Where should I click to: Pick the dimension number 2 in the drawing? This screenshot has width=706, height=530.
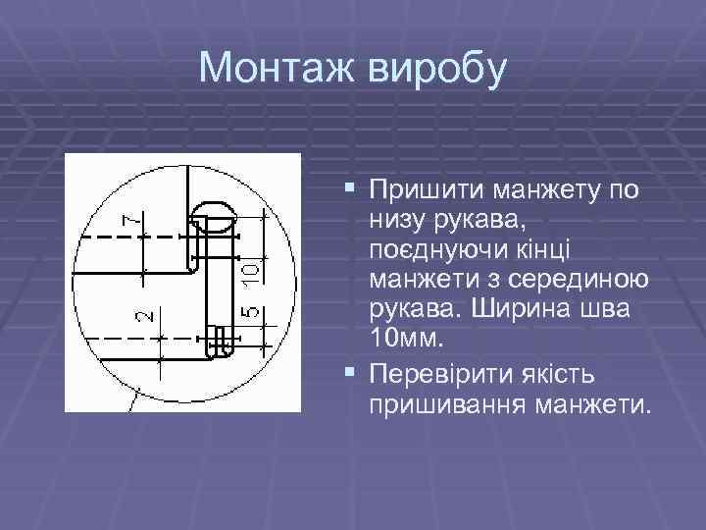coord(143,315)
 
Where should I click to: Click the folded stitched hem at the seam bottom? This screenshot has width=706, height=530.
coord(220,342)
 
